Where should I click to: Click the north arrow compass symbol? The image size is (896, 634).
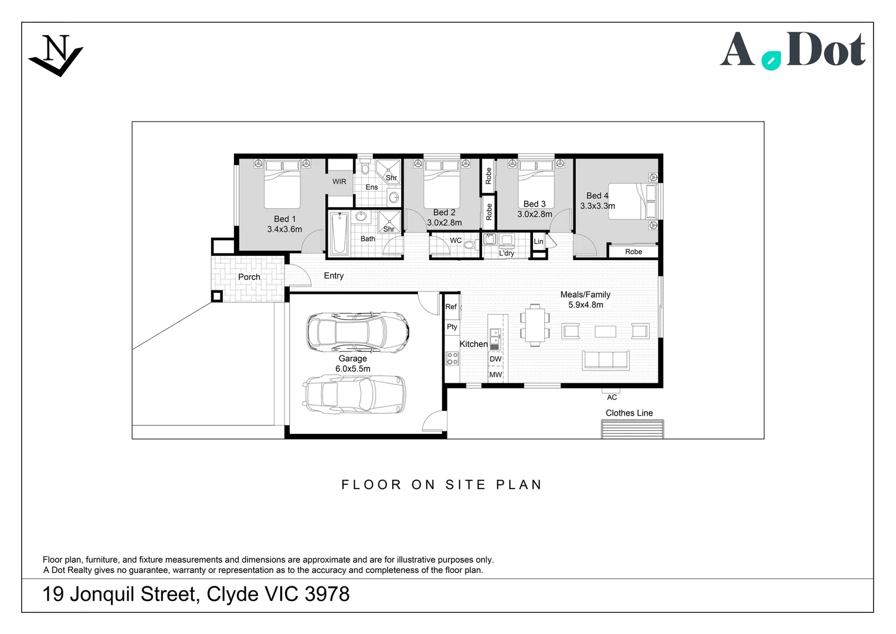point(56,55)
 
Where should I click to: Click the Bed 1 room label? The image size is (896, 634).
point(285,219)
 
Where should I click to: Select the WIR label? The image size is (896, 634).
point(340,181)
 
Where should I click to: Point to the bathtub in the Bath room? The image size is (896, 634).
point(339,234)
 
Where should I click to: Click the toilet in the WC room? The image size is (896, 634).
point(469,245)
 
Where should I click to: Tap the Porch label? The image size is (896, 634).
point(249,277)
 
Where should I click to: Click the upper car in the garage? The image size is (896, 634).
point(357,332)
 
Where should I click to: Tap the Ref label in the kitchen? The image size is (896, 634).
point(450,306)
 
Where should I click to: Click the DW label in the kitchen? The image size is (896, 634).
point(495,359)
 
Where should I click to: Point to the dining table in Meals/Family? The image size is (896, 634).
point(534,325)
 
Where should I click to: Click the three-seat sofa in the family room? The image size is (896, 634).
point(605,360)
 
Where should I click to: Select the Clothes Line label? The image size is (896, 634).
point(629,413)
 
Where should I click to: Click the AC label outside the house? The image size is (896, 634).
point(612,397)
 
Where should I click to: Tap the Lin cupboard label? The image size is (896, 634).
point(538,241)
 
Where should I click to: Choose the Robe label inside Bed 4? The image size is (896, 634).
point(633,252)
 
